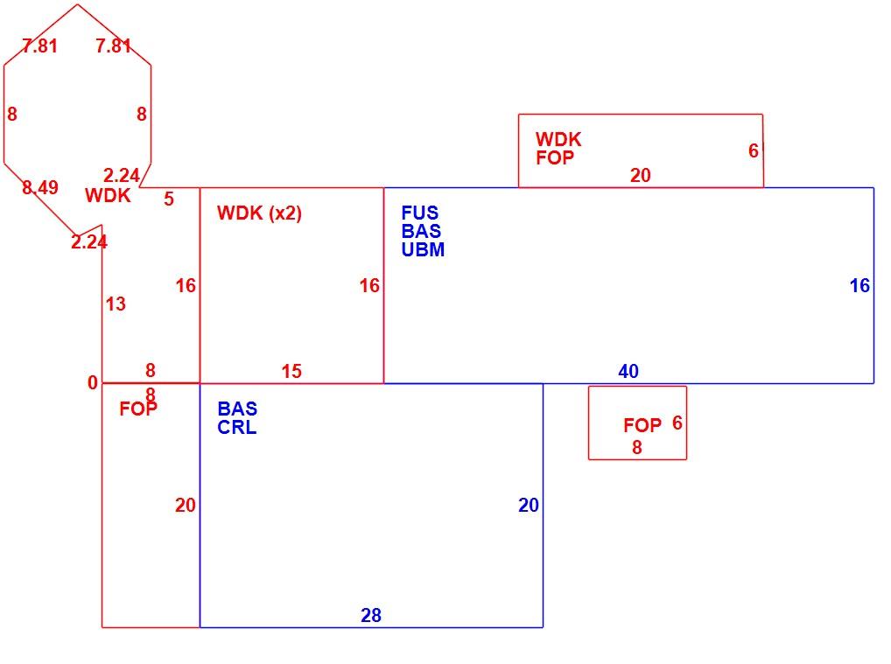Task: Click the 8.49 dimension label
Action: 39,187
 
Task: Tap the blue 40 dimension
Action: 628,371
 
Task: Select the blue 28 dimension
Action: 371,615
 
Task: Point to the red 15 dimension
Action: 291,371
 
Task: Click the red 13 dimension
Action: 116,304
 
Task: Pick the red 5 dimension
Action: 169,199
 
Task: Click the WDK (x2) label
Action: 259,213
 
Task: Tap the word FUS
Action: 420,213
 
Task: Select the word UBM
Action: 423,249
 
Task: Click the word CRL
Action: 237,427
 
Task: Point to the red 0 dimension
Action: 93,383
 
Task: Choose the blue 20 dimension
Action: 529,505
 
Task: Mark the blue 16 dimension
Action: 859,285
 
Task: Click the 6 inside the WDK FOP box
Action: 754,150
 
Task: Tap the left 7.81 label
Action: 39,45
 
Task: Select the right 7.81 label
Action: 113,45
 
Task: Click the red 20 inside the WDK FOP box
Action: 641,175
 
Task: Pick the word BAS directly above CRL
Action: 237,409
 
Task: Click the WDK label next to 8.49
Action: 108,195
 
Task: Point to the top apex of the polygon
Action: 77,4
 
